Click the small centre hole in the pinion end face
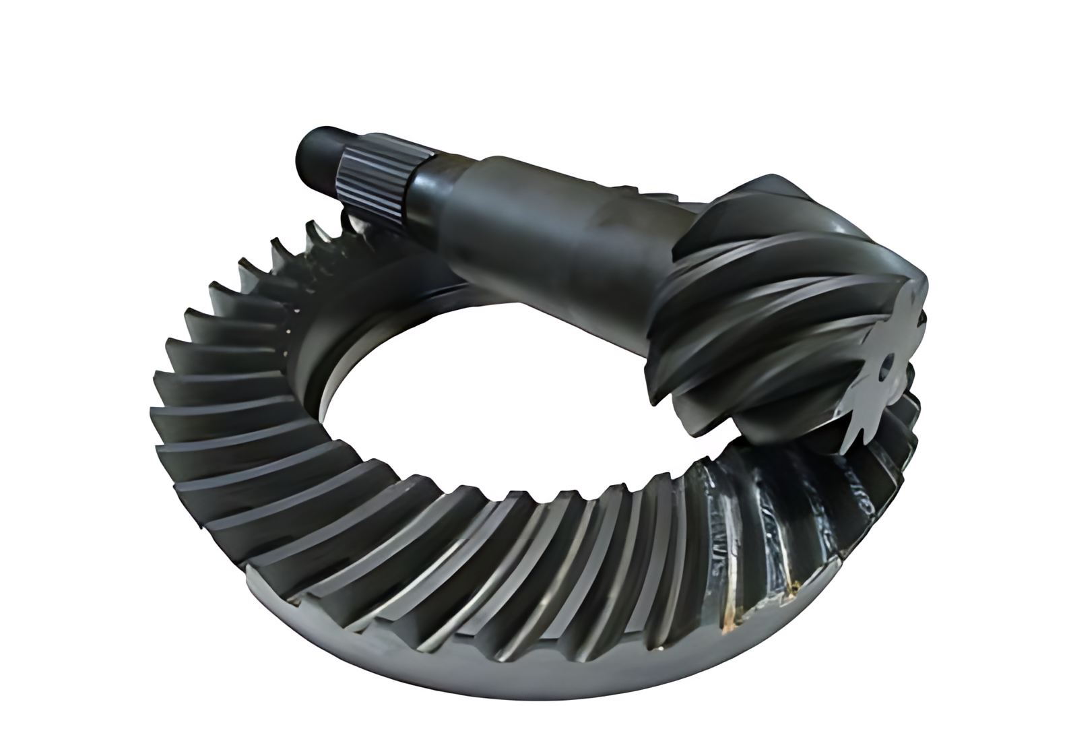[x=888, y=364]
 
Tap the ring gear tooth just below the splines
[x=354, y=226]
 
